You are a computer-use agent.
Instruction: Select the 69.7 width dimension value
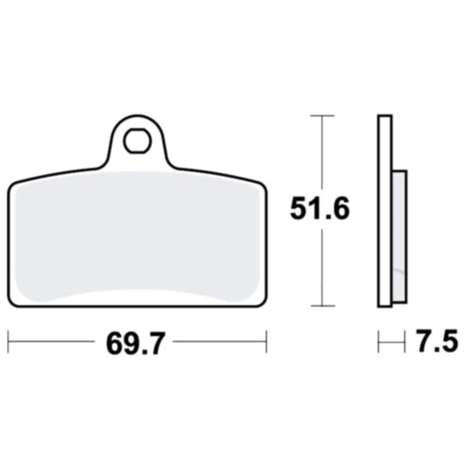(x=137, y=344)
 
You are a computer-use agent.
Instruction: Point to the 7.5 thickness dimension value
(x=437, y=344)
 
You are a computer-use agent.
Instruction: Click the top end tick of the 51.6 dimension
(x=322, y=116)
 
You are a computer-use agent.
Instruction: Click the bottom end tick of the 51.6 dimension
(x=322, y=308)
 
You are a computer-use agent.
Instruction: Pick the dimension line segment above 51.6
(x=322, y=153)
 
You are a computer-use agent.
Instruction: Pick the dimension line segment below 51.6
(x=322, y=271)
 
